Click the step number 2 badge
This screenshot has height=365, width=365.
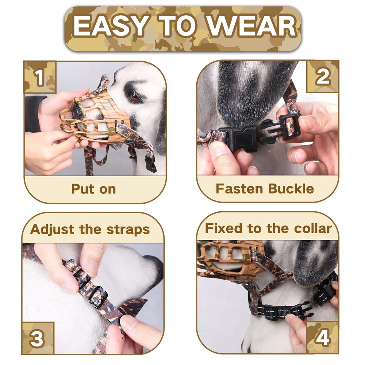pyautogui.click(x=323, y=77)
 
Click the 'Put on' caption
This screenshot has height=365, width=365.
pyautogui.click(x=93, y=189)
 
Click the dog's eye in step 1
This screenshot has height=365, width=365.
pyautogui.click(x=134, y=97)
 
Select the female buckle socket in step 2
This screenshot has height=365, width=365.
pyautogui.click(x=241, y=138)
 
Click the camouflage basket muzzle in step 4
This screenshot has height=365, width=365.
pyautogui.click(x=230, y=257)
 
